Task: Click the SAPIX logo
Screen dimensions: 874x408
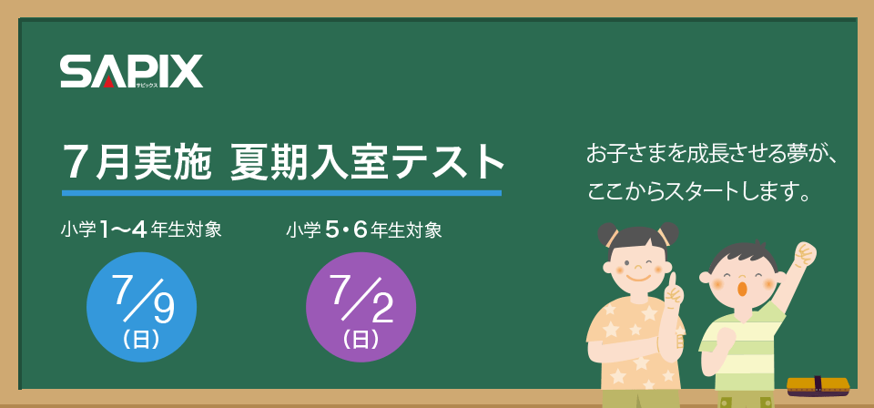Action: point(131,71)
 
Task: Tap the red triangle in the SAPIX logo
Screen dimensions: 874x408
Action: point(109,82)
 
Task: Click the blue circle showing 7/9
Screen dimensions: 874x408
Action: point(142,307)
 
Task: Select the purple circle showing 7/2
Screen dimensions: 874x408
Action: point(361,307)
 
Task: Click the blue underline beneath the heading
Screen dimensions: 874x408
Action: point(281,193)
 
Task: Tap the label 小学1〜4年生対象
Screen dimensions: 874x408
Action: point(141,230)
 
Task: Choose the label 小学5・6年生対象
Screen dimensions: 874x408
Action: point(364,230)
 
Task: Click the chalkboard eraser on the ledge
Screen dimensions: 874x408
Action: point(818,386)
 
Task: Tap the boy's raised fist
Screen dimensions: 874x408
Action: point(805,254)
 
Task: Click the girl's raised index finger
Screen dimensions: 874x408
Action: point(672,280)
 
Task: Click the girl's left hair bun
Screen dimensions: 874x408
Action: point(607,235)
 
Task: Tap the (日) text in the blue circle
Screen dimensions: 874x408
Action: point(141,339)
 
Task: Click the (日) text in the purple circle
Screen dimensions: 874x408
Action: point(361,339)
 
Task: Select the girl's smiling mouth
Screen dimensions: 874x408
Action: point(638,277)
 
